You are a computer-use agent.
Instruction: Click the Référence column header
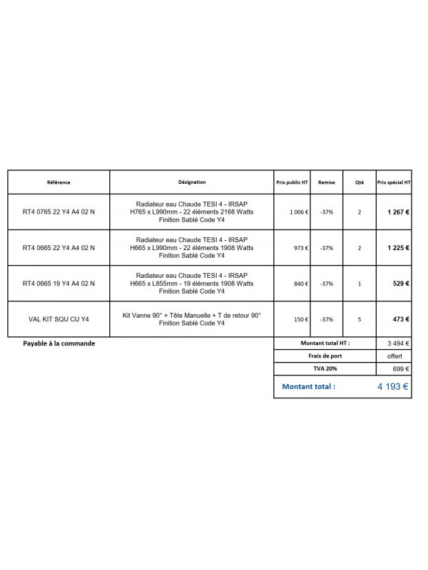tap(58, 182)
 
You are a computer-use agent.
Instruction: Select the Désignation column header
tap(192, 182)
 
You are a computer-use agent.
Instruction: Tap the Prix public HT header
tap(292, 182)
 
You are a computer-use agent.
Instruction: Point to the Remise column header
tap(327, 182)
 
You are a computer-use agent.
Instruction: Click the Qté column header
tap(359, 182)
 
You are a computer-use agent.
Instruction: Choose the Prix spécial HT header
tap(394, 182)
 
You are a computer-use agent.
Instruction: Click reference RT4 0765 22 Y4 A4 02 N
tap(58, 212)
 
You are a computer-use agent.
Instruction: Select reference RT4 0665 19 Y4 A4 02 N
tap(58, 284)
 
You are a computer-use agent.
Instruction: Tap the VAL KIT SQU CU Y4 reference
tap(58, 319)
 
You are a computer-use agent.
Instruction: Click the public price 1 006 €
tap(299, 212)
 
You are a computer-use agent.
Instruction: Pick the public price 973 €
tap(300, 248)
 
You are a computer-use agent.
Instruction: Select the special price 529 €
tap(401, 284)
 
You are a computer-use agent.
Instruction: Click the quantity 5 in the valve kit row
tap(359, 319)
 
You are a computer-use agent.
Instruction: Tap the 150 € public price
tap(300, 319)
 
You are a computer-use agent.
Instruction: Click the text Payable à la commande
tap(58, 343)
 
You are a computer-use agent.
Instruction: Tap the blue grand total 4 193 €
tap(392, 388)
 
